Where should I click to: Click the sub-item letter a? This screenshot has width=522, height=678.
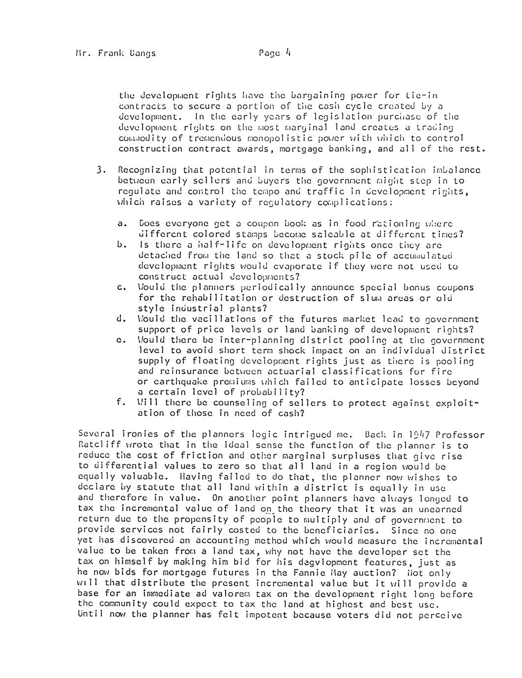[x=120, y=224]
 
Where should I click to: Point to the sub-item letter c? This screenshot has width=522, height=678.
[x=120, y=287]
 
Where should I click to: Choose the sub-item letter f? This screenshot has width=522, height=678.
[x=120, y=402]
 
